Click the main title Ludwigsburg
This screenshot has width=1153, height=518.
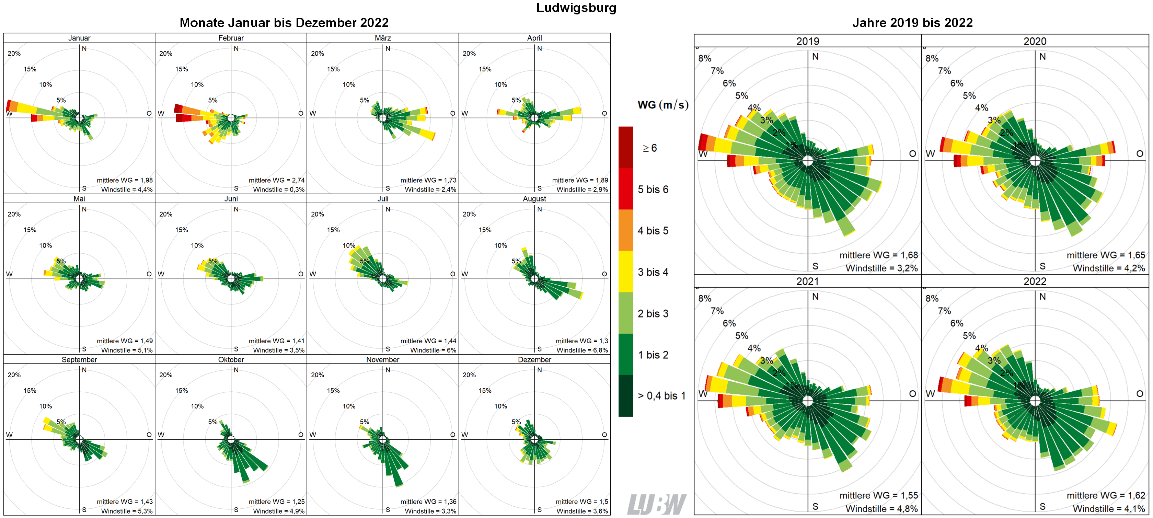[x=576, y=8]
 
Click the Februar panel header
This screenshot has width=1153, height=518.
[x=231, y=38]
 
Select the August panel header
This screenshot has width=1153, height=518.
[x=534, y=199]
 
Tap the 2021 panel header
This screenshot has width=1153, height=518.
[x=807, y=281]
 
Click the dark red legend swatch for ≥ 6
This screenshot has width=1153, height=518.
[x=625, y=147]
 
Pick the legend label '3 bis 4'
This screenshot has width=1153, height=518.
[x=653, y=272]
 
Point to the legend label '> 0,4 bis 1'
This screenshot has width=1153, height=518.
[x=661, y=396]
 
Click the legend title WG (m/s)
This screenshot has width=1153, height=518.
[x=662, y=105]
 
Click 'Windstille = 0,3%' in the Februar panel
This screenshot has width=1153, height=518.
[x=278, y=189]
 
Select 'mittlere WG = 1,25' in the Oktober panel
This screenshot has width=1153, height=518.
[x=276, y=502]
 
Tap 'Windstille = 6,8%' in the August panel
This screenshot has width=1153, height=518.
[x=582, y=350]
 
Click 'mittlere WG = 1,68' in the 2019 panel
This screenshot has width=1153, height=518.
[x=878, y=255]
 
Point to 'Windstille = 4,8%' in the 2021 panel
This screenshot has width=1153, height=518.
[x=881, y=509]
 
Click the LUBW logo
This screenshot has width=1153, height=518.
[x=656, y=505]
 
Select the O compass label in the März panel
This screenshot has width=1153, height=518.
[x=452, y=113]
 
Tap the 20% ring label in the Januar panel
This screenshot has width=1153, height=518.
[x=14, y=53]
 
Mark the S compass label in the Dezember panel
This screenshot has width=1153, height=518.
[x=539, y=509]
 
